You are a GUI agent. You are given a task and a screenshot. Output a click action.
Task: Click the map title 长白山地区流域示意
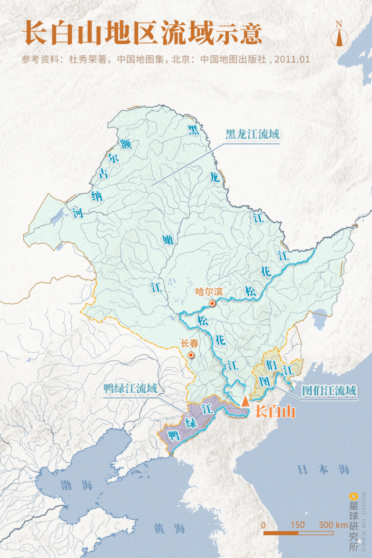tap(142, 33)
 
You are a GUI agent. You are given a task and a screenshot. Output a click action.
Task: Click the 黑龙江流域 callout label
tap(252, 135)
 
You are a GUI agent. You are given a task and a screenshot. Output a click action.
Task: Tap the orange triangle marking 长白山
tap(245, 400)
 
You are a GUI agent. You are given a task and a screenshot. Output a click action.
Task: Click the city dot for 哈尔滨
tap(212, 303)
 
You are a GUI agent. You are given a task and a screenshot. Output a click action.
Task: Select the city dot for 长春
tap(191, 354)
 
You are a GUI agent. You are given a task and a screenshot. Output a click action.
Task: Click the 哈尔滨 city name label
tap(209, 292)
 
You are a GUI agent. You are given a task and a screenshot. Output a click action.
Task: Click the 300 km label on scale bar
tap(333, 524)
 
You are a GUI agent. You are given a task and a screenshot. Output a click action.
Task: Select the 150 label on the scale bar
tap(297, 524)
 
